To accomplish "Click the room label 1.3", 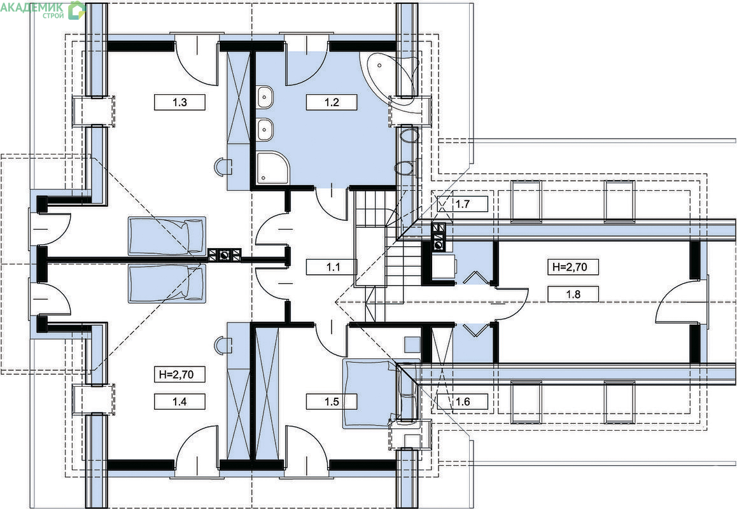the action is [179, 102].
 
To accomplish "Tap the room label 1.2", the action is [332, 102].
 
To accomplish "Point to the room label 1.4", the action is [179, 401].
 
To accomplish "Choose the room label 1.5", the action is [332, 401].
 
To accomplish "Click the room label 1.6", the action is [463, 401].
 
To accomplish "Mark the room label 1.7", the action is [463, 204].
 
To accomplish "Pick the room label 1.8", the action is [573, 294].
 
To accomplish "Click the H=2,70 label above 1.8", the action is [573, 267].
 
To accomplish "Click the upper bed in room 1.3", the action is [167, 236].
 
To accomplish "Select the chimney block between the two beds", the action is [225, 255].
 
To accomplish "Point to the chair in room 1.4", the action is [223, 345].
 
